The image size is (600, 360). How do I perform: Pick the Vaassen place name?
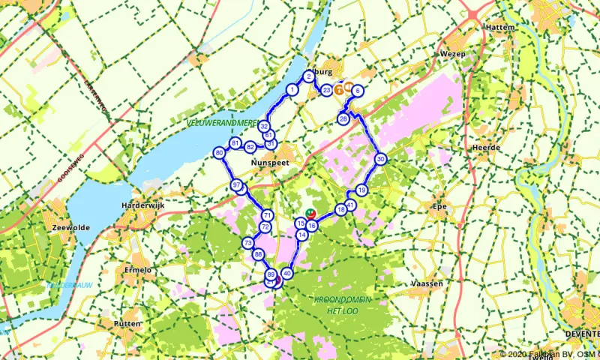coord(427,283)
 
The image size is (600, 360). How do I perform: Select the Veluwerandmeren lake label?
coord(222,121)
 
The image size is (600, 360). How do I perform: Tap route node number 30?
coord(381,159)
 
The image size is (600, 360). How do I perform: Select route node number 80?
coord(219,153)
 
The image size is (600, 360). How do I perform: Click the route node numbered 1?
coord(292,90)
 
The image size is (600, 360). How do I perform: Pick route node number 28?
coord(343,119)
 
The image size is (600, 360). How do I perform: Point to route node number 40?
coord(286,273)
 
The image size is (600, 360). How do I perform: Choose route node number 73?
coord(247,243)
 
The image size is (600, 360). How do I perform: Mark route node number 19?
coord(361,190)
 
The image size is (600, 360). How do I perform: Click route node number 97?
coord(236,185)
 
